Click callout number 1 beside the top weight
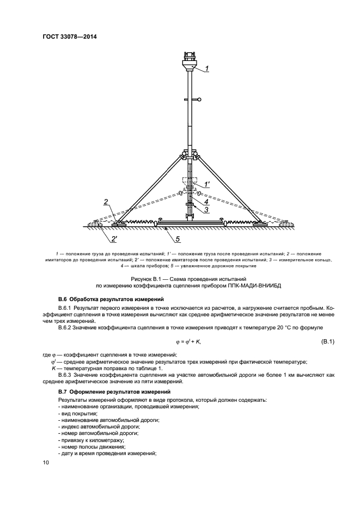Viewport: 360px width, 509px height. (x=207, y=69)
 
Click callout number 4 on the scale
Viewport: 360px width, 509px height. (x=206, y=201)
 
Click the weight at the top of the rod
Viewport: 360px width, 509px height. (x=190, y=60)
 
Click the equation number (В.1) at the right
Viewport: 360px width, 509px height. (x=325, y=341)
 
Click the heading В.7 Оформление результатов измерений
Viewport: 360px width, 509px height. (x=114, y=392)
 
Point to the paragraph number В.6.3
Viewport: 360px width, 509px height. (x=66, y=375)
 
